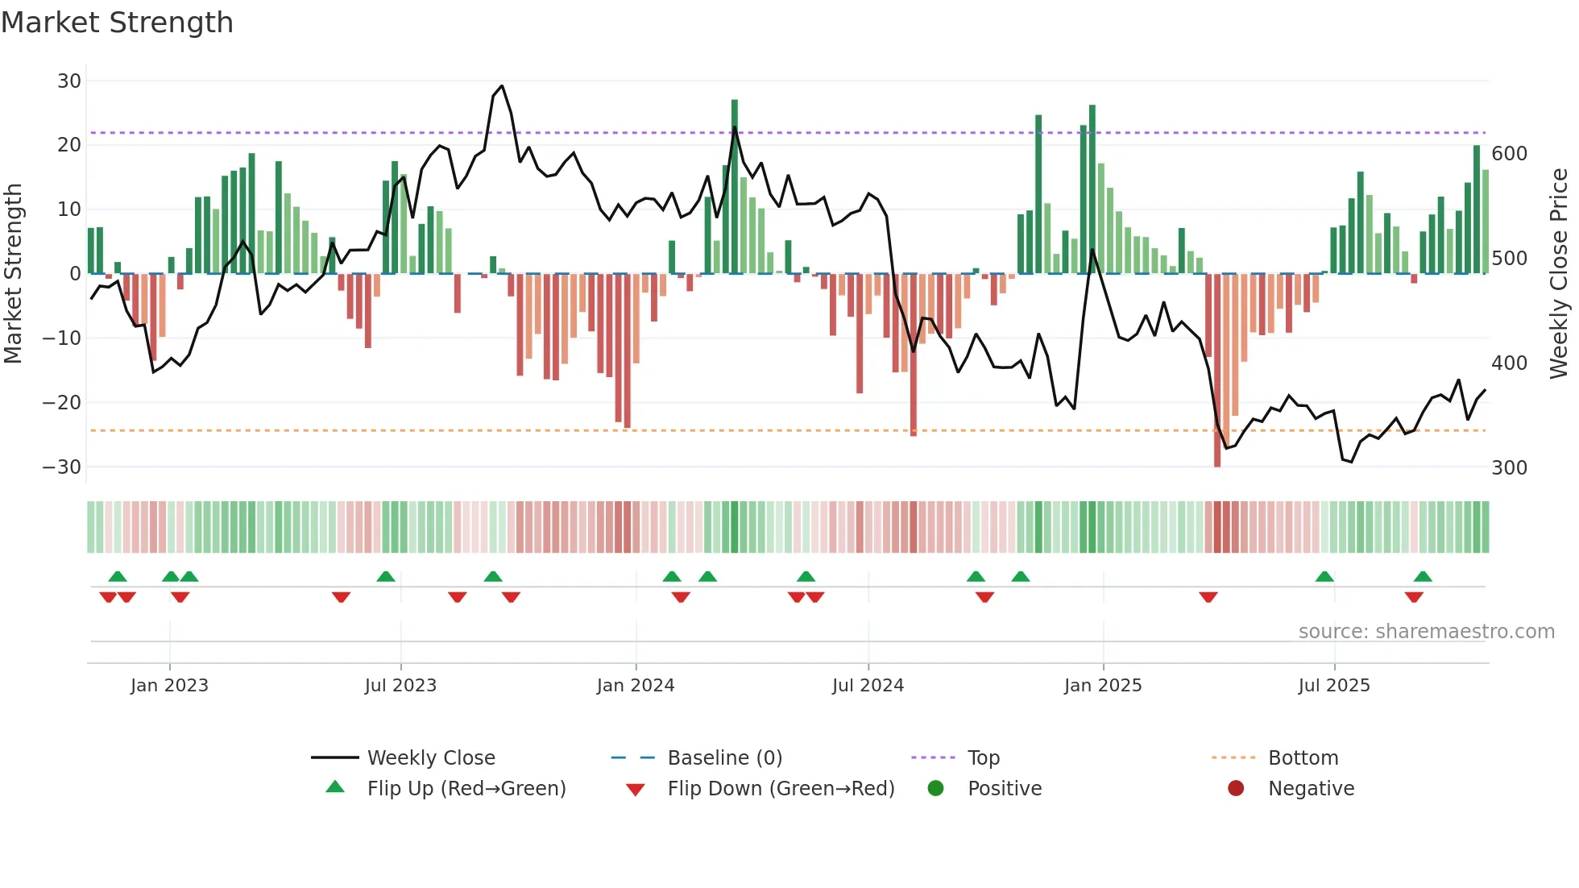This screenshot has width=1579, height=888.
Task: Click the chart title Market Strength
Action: pyautogui.click(x=117, y=23)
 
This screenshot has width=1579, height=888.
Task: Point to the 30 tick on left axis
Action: pyautogui.click(x=69, y=81)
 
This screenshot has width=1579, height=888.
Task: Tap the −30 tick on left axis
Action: pyautogui.click(x=62, y=467)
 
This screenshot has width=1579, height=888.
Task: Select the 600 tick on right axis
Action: pyautogui.click(x=1509, y=153)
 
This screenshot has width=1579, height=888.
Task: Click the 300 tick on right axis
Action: pyautogui.click(x=1509, y=467)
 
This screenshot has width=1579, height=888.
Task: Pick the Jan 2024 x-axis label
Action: pyautogui.click(x=635, y=685)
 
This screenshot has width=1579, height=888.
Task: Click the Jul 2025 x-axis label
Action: pyautogui.click(x=1333, y=685)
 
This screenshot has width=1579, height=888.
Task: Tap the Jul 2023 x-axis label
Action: pyautogui.click(x=400, y=685)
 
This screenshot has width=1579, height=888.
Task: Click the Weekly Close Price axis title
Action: pyautogui.click(x=1558, y=274)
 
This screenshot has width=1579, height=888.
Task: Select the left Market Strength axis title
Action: pyautogui.click(x=13, y=274)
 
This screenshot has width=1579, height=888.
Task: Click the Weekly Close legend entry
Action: pyautogui.click(x=430, y=757)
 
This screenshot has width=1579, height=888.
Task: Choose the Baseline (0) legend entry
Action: pyautogui.click(x=724, y=757)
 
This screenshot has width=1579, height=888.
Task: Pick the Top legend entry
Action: pyautogui.click(x=983, y=757)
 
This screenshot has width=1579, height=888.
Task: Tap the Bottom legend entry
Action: pyautogui.click(x=1303, y=757)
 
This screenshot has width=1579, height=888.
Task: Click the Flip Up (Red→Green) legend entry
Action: pyautogui.click(x=466, y=788)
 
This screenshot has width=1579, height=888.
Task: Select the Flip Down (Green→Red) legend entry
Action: pyautogui.click(x=780, y=788)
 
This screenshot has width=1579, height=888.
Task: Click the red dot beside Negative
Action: pyautogui.click(x=1235, y=788)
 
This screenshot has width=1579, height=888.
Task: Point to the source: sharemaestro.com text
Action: pyautogui.click(x=1426, y=631)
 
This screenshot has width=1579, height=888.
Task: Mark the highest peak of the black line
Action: pyautogui.click(x=502, y=85)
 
